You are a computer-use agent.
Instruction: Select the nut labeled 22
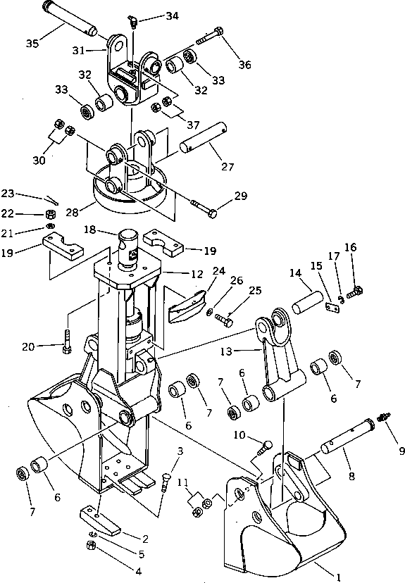coord(50,213)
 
